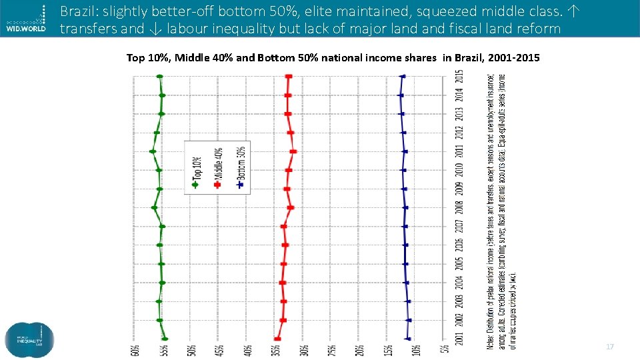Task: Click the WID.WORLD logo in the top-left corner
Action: click(x=25, y=18)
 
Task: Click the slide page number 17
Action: click(x=609, y=347)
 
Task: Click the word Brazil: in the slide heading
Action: click(x=79, y=11)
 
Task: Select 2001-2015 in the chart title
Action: click(x=514, y=58)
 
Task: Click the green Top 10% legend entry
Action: click(x=196, y=167)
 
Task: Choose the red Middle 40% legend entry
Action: click(x=218, y=167)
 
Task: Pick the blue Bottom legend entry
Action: click(x=240, y=167)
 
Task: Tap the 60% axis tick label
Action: click(x=135, y=349)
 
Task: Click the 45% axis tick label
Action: click(x=220, y=349)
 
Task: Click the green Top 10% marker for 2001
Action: click(x=165, y=339)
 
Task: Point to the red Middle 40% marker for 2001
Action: click(x=277, y=339)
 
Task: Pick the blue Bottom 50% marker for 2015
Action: click(x=402, y=77)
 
